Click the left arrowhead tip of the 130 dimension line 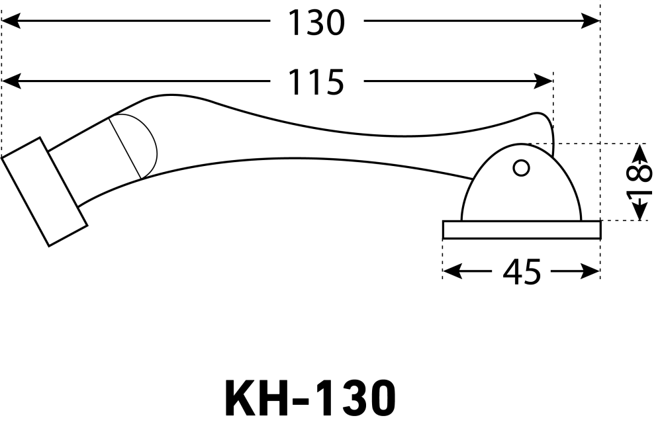2,21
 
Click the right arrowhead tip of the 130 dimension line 600,21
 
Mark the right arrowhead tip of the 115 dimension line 553,81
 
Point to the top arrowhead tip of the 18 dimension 641,144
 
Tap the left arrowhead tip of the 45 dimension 443,271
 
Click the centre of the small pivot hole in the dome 522,168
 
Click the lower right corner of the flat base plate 600,239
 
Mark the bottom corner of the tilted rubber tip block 49,246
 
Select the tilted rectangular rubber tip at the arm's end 45,192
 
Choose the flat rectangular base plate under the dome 522,230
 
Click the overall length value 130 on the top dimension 316,22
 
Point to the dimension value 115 316,82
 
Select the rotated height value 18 639,183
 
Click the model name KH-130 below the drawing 310,398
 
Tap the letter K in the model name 240,398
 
